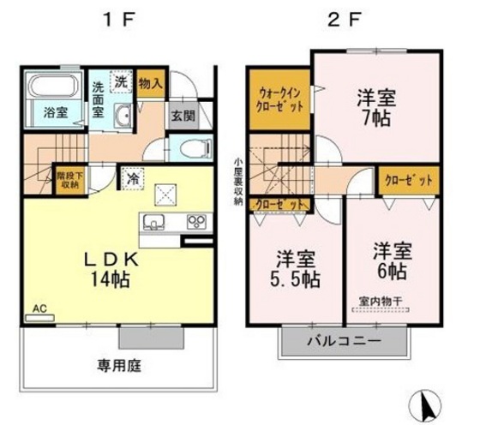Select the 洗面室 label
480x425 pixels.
[99, 97]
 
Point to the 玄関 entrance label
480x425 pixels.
[182, 114]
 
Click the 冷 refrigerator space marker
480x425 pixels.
[133, 177]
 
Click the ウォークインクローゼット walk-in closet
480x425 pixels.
[279, 102]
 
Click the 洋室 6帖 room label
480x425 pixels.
[392, 261]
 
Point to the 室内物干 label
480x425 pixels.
[381, 301]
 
